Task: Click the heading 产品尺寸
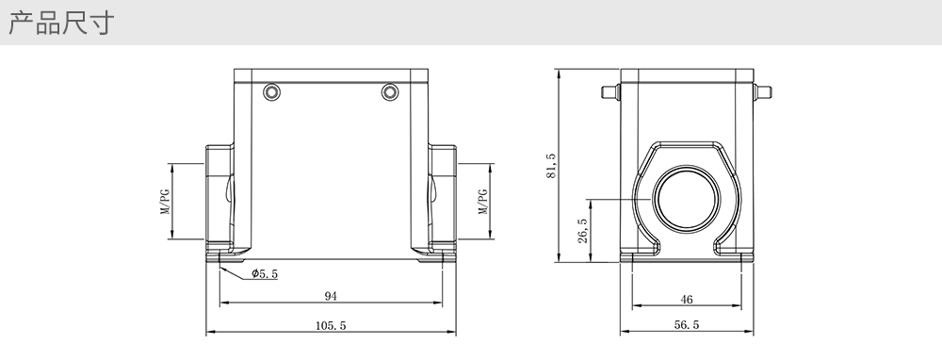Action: pos(60,23)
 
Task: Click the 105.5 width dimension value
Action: pos(331,326)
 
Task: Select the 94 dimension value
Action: pos(331,296)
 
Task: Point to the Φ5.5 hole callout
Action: pos(265,274)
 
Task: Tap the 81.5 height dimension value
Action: pos(551,166)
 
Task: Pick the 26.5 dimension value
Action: pos(583,231)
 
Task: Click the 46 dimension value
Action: pos(687,300)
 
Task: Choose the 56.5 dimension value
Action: pos(687,325)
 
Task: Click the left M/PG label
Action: pos(165,202)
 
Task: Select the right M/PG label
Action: pos(482,202)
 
